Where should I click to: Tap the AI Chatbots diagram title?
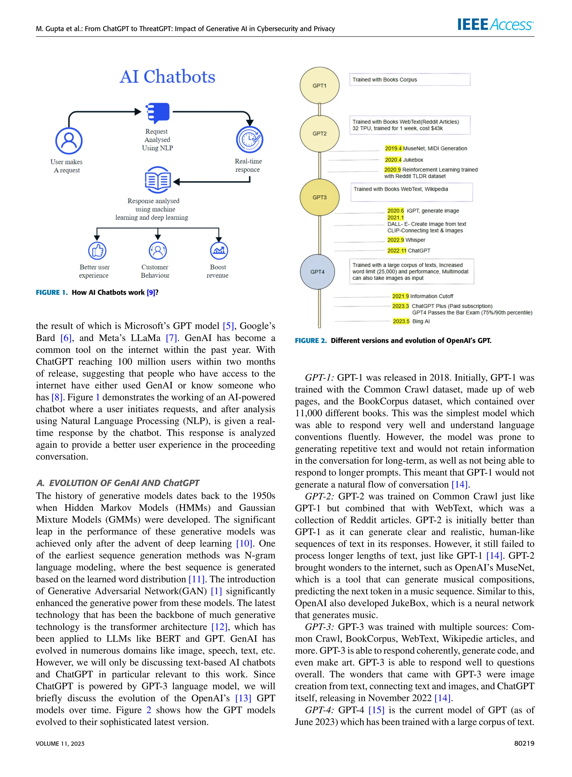click(167, 76)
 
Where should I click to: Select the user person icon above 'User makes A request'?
click(69, 141)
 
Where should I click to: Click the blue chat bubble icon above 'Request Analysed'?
click(158, 113)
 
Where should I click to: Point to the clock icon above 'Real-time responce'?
click(250, 140)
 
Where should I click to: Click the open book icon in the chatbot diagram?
click(158, 180)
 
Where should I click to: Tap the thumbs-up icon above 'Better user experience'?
click(97, 250)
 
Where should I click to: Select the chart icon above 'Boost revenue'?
click(219, 250)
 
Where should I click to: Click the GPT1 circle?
click(319, 86)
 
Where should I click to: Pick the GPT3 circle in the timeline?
click(319, 197)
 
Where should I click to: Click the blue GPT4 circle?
click(317, 272)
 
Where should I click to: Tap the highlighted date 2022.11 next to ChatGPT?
click(396, 250)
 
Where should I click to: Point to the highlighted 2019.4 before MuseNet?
click(393, 148)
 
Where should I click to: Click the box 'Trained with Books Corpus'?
click(410, 80)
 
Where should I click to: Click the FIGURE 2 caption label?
click(311, 341)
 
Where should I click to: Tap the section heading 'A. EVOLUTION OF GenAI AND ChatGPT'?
click(118, 483)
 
